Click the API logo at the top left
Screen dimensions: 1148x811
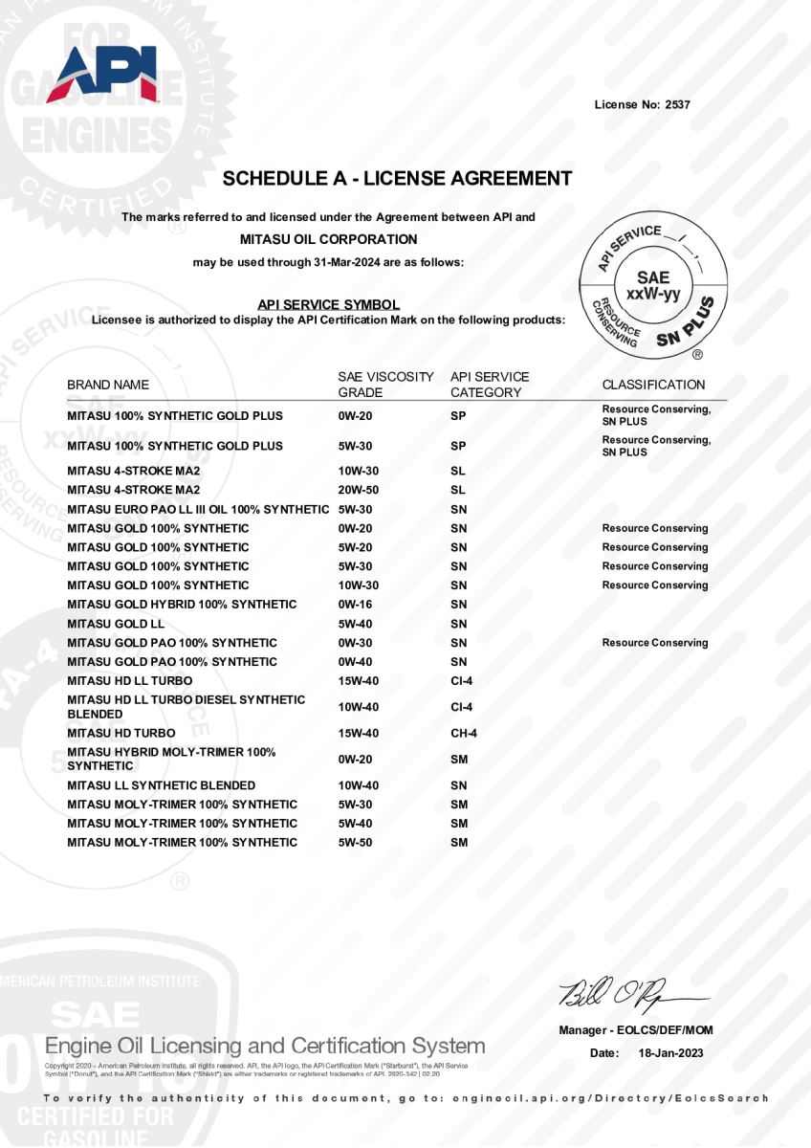coord(101,74)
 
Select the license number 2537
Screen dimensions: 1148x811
coord(676,104)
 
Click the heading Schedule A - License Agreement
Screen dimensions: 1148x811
coord(397,179)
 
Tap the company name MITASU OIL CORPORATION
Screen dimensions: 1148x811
coord(328,239)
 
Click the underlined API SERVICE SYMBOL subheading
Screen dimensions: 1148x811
coord(328,304)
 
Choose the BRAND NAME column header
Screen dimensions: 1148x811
coord(108,385)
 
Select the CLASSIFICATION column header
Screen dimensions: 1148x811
coord(653,385)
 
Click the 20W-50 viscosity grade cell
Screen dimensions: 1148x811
coord(360,490)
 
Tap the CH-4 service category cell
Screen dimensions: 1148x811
coord(464,734)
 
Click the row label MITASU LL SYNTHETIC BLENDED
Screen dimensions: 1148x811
coord(161,785)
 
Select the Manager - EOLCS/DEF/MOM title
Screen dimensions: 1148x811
coord(636,1030)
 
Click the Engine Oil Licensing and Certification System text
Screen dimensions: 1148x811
coord(265,1046)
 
